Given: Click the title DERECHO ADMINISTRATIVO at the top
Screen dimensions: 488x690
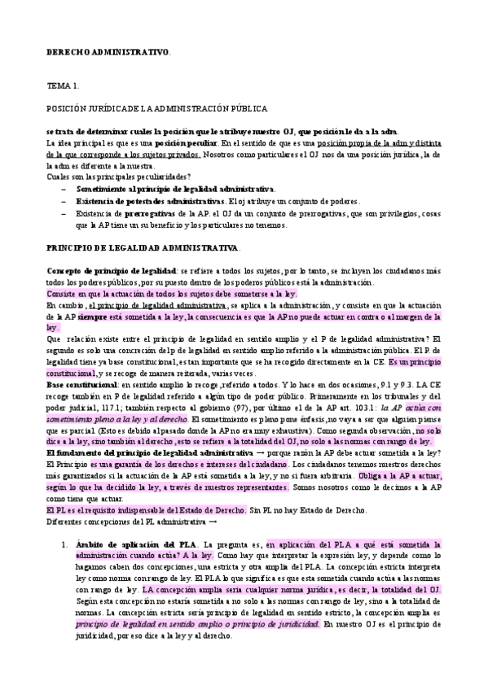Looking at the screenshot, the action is pos(108,52).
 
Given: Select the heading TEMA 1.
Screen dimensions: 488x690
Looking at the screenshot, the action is pos(62,85).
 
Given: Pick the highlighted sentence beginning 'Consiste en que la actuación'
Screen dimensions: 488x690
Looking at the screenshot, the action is pos(172,293).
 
